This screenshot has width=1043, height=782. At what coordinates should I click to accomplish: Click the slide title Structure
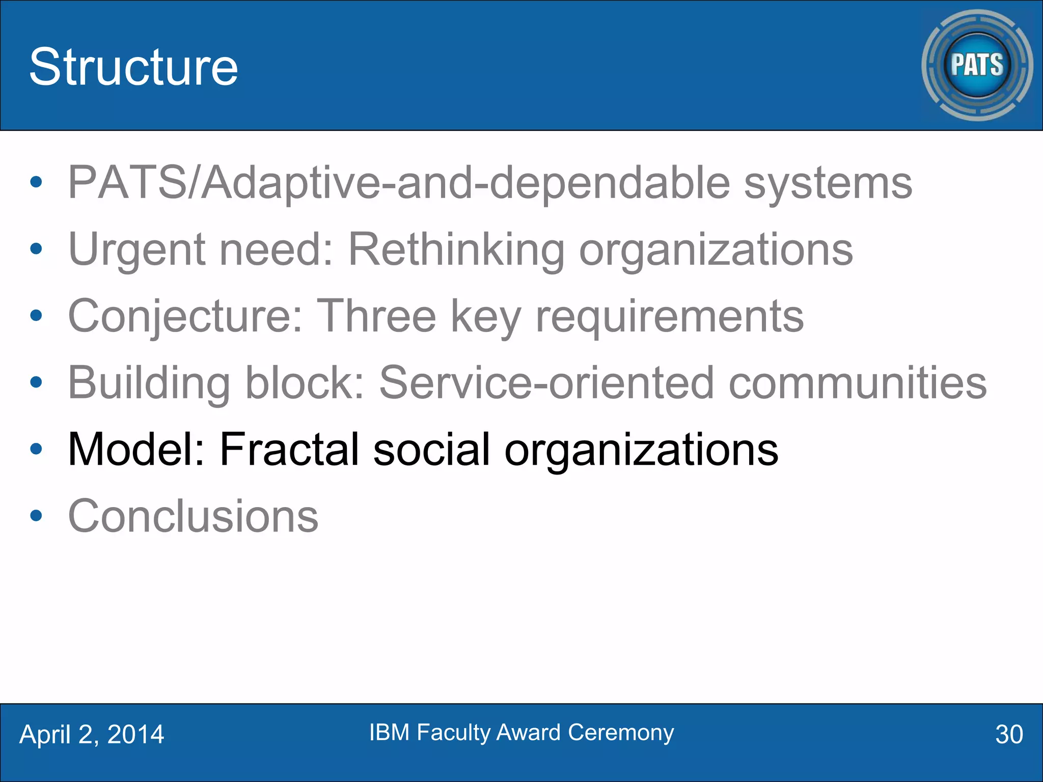click(133, 67)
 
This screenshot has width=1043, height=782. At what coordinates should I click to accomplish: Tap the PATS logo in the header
click(977, 65)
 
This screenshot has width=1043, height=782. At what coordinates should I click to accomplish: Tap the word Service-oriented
click(546, 383)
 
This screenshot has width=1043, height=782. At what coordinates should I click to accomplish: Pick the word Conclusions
click(193, 516)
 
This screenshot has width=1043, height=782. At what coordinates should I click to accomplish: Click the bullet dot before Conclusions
click(36, 516)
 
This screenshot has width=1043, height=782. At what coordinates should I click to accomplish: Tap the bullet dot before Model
click(36, 449)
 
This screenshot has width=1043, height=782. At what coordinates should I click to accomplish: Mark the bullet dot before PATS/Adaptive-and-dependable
click(36, 182)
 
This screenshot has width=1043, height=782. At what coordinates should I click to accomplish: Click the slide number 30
click(1009, 735)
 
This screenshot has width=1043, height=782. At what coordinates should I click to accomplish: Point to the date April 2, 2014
click(92, 735)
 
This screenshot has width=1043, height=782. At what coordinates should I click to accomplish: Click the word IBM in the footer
click(389, 733)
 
